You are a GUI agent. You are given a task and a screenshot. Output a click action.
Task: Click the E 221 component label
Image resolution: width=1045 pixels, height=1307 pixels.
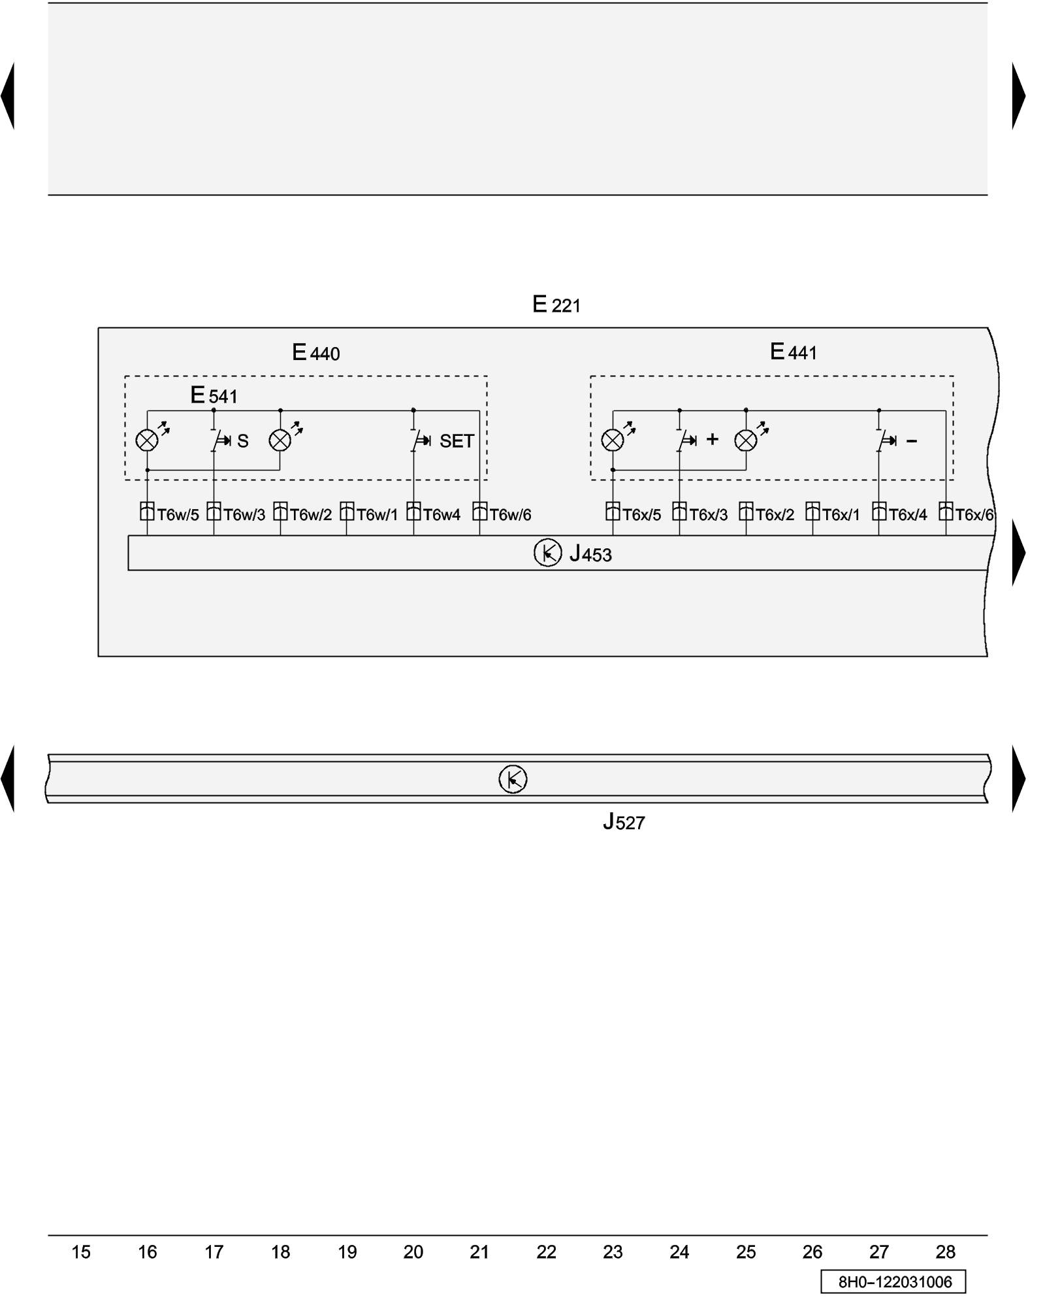tap(556, 305)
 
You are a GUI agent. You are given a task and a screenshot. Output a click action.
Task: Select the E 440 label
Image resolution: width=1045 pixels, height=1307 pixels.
tap(315, 353)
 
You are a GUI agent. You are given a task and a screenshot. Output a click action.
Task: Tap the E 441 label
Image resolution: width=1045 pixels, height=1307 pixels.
tap(793, 352)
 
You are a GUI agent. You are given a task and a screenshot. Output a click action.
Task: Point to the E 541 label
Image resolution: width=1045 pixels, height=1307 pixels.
tap(214, 395)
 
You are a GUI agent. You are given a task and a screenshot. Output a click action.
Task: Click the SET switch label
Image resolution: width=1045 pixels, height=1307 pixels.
tap(456, 442)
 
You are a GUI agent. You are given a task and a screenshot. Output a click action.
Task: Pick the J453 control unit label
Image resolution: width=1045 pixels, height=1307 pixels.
tap(590, 554)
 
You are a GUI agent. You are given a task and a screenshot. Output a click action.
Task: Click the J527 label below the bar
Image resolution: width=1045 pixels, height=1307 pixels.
tap(624, 822)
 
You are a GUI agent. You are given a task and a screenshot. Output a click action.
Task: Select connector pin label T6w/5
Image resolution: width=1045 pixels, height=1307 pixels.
tap(178, 515)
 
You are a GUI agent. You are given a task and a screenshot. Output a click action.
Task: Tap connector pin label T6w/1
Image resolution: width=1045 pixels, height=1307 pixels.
tap(377, 515)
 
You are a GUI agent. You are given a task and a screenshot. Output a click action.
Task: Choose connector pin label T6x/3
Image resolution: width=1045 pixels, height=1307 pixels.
tap(708, 515)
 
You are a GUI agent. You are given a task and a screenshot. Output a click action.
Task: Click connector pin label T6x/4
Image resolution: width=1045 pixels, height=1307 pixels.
tap(907, 515)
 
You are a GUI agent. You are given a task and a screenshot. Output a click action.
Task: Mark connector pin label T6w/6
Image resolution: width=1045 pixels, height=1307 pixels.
tap(509, 515)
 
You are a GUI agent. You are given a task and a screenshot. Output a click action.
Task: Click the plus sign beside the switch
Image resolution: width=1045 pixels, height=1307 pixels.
tap(712, 439)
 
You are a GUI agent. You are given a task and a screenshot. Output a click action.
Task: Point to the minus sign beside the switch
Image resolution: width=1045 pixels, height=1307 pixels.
tap(912, 442)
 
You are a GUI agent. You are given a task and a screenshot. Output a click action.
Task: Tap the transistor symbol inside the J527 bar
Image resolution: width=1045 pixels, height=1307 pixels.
tap(513, 779)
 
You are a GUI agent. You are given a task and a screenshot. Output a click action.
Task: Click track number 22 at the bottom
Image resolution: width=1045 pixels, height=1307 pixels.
tap(546, 1252)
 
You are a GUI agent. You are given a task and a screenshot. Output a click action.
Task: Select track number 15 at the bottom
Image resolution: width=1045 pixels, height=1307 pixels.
tap(80, 1252)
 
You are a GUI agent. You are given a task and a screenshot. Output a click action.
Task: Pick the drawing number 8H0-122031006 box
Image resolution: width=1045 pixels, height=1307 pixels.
tap(893, 1282)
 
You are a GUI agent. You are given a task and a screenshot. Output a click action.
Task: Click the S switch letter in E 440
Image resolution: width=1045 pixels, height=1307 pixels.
tap(243, 442)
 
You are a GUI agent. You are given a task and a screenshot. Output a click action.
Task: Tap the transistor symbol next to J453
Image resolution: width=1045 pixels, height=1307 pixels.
tap(547, 553)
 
